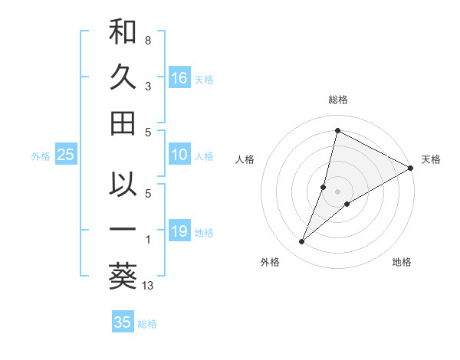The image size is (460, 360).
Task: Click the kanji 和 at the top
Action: (x=123, y=34)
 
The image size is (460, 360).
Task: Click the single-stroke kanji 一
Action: (x=123, y=230)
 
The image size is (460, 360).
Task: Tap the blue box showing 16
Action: (x=179, y=77)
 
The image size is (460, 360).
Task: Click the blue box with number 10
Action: (x=179, y=155)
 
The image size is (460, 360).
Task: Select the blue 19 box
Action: (x=179, y=231)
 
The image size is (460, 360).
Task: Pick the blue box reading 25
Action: (x=65, y=155)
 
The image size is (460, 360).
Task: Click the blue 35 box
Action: (x=122, y=322)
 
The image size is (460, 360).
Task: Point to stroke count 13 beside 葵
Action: (x=148, y=286)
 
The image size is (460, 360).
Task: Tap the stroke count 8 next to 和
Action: (x=148, y=39)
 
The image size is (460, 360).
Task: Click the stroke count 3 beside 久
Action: (x=148, y=87)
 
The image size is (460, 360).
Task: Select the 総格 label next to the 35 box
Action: (x=147, y=324)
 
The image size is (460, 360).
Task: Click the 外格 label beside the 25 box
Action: (x=41, y=156)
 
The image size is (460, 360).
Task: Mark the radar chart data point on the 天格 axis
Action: (x=411, y=168)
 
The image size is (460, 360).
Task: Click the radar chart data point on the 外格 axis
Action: (x=302, y=242)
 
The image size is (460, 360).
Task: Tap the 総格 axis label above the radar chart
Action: (x=337, y=100)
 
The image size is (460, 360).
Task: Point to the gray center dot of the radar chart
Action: (x=337, y=191)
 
